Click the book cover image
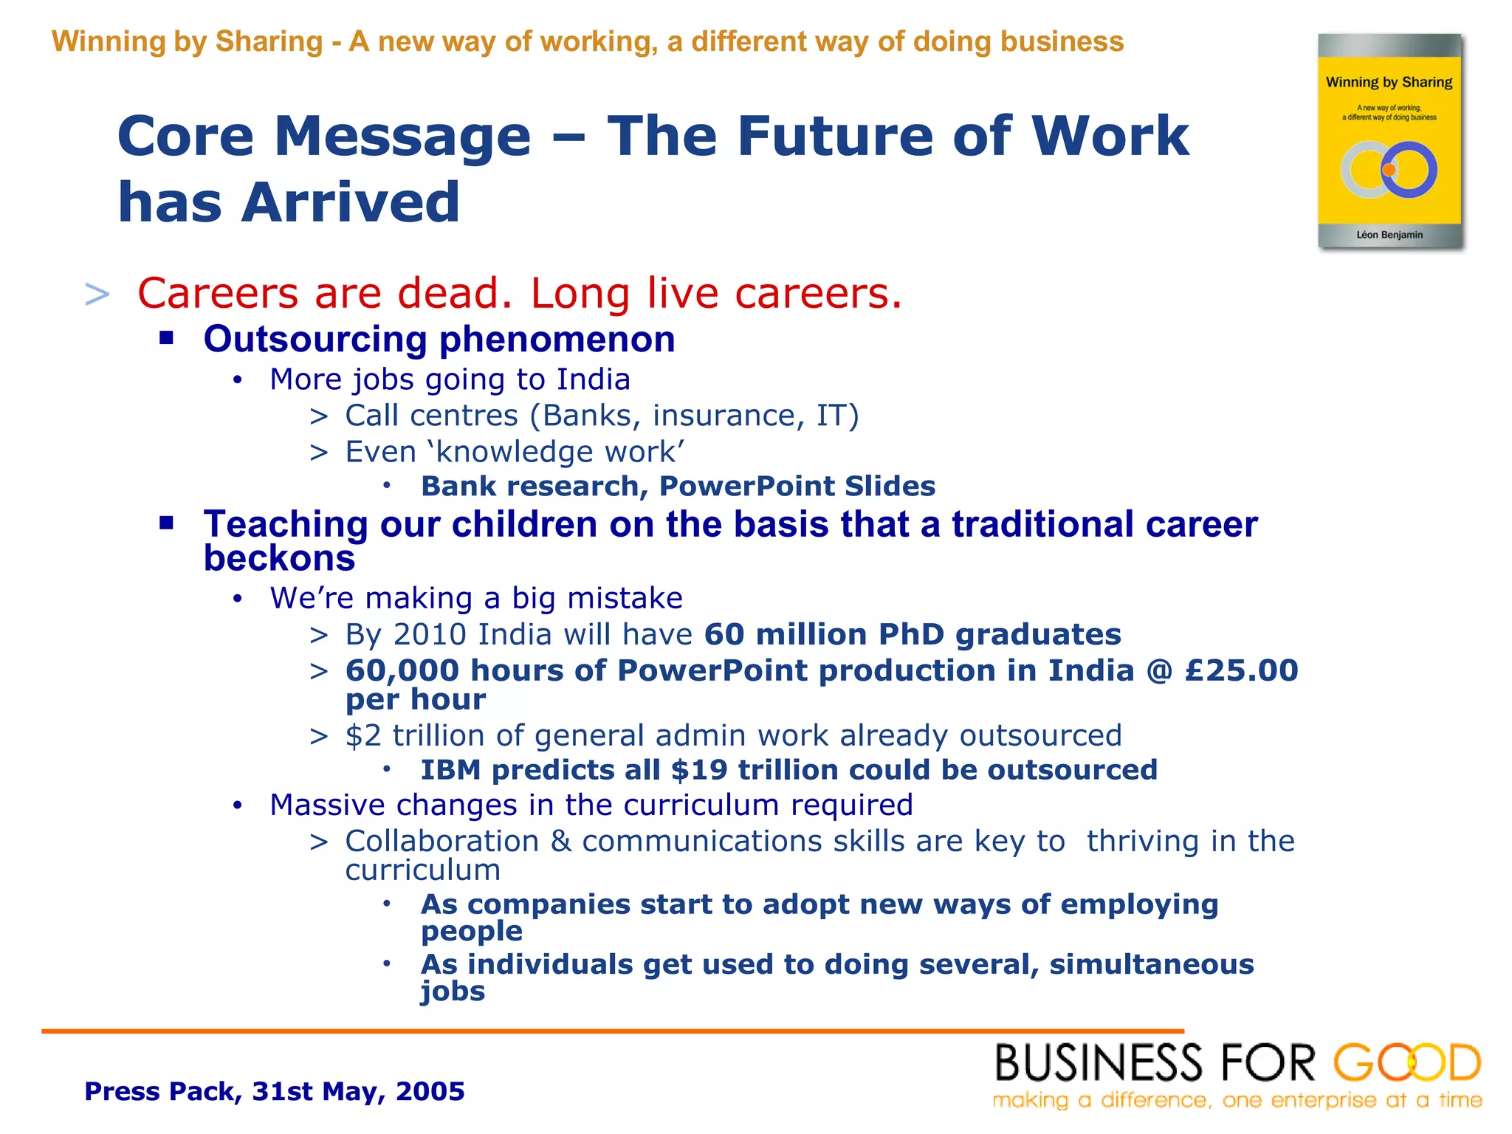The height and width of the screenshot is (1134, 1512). pos(1389,140)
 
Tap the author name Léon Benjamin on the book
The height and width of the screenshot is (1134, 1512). pos(1389,235)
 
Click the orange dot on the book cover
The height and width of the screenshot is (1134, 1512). pos(1389,171)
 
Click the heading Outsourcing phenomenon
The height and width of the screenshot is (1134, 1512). pos(439,340)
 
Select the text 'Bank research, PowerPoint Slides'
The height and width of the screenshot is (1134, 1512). pos(678,487)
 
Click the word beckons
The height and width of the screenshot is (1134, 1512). pos(279,558)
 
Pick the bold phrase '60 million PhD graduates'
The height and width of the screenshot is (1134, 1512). pos(913,635)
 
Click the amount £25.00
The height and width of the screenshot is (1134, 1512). pos(1241,671)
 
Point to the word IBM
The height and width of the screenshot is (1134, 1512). pos(450,770)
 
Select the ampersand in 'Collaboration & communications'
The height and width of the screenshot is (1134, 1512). pos(561,842)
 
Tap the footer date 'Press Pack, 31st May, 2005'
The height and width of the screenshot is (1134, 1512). pos(275,1091)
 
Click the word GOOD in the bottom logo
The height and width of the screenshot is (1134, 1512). pos(1406,1064)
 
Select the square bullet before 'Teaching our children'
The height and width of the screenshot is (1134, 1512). pos(167,523)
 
